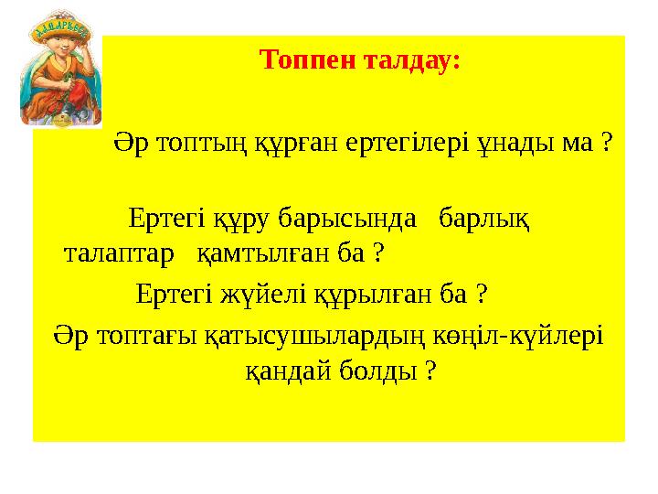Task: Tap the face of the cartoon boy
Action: (62, 66)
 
